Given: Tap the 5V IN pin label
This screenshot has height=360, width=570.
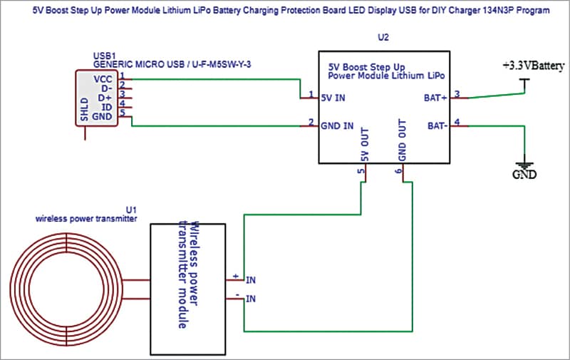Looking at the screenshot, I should pyautogui.click(x=335, y=97).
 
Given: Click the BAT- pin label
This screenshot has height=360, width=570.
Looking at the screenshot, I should pyautogui.click(x=435, y=125).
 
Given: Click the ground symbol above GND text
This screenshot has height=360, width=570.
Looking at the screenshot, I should pyautogui.click(x=524, y=162).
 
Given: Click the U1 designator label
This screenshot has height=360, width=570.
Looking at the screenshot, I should pyautogui.click(x=130, y=210).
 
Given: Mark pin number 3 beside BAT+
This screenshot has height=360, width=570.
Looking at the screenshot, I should pyautogui.click(x=457, y=93).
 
